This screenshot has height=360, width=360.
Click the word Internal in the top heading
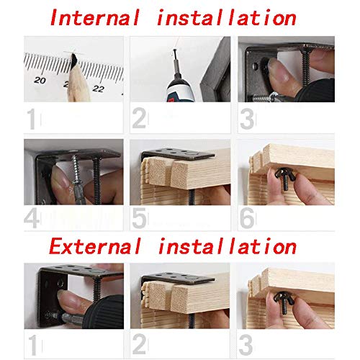95,17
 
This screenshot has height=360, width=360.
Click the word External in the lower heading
95,246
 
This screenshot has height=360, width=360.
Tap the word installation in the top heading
227,17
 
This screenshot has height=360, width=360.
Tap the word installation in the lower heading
228,246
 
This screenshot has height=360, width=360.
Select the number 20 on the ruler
40,80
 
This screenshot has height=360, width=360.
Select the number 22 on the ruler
98,89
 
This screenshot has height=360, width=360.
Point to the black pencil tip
74,59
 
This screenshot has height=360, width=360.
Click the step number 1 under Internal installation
32,119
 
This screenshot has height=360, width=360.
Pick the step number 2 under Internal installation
139,118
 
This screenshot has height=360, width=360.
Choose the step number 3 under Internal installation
247,119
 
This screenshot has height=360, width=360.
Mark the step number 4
32,218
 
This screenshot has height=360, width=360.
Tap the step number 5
139,218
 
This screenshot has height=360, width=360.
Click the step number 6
247,218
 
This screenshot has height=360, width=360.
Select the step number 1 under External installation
33,346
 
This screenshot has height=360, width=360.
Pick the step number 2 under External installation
139,344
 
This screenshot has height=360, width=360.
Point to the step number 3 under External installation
246,346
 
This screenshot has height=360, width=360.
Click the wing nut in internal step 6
285,178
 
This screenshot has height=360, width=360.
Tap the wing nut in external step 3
284,301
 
